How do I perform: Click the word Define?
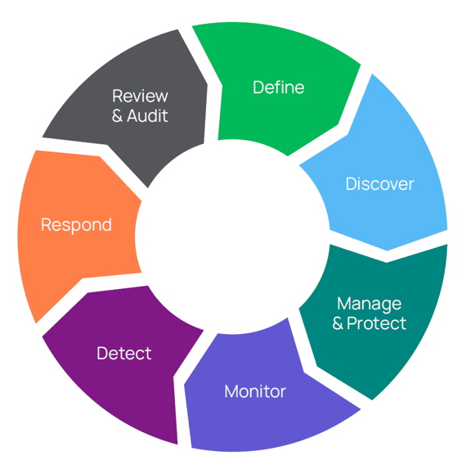pyautogui.click(x=278, y=88)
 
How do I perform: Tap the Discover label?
pyautogui.click(x=379, y=184)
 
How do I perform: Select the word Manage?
pyautogui.click(x=370, y=304)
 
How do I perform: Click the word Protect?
pyautogui.click(x=376, y=323)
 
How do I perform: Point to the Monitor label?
pyautogui.click(x=255, y=391)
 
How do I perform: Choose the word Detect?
pyautogui.click(x=123, y=353)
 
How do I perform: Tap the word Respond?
pyautogui.click(x=76, y=225)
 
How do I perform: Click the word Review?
pyautogui.click(x=140, y=96)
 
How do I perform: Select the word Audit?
pyautogui.click(x=147, y=115)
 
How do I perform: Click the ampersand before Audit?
pyautogui.click(x=117, y=115)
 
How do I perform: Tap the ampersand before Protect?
pyautogui.click(x=338, y=323)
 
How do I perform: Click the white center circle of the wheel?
pyautogui.click(x=232, y=237)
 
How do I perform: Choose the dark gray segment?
pyautogui.click(x=136, y=103)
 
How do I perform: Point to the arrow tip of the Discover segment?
pyautogui.click(x=387, y=251)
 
